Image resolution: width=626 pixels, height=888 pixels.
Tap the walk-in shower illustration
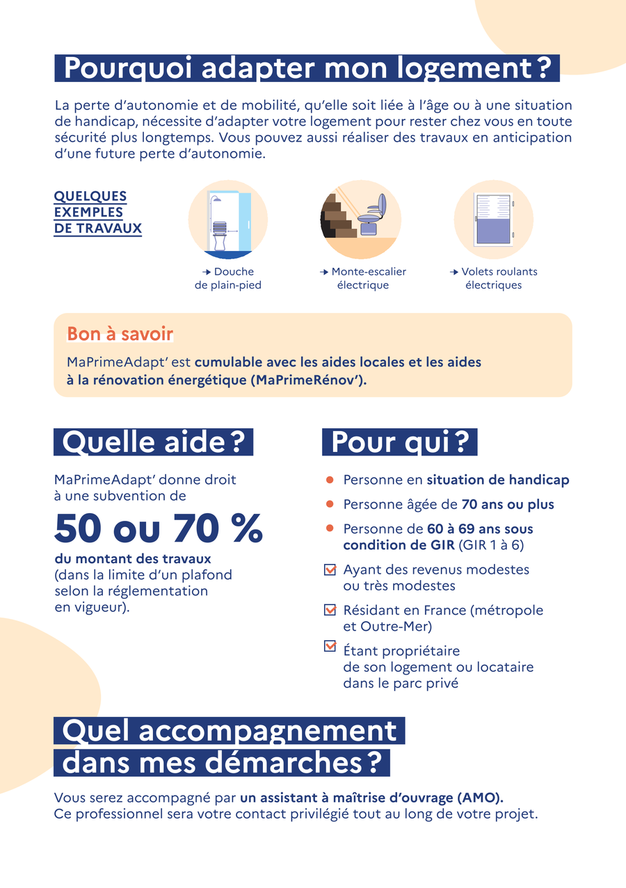coord(228,220)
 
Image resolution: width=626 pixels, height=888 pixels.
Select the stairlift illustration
coord(359,220)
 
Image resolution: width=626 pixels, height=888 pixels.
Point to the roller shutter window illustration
coord(493,220)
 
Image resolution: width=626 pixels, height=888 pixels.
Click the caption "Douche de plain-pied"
coord(228,278)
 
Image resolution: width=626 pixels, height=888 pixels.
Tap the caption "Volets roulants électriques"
coord(493,278)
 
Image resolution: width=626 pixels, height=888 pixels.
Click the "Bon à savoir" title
coord(120,334)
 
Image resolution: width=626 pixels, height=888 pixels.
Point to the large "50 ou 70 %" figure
coord(159,529)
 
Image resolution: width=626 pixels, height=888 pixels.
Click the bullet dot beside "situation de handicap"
coord(330,481)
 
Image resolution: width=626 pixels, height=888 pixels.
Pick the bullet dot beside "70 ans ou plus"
coord(330,504)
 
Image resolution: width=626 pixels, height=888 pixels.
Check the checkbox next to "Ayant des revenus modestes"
coord(330,570)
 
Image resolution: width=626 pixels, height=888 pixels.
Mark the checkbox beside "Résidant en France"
coord(330,611)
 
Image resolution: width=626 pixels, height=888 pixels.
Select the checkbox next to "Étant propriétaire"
coord(330,647)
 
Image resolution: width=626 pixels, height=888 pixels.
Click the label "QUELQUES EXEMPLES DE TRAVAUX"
coord(97,212)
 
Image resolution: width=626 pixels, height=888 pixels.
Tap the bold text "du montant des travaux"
coord(133,559)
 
